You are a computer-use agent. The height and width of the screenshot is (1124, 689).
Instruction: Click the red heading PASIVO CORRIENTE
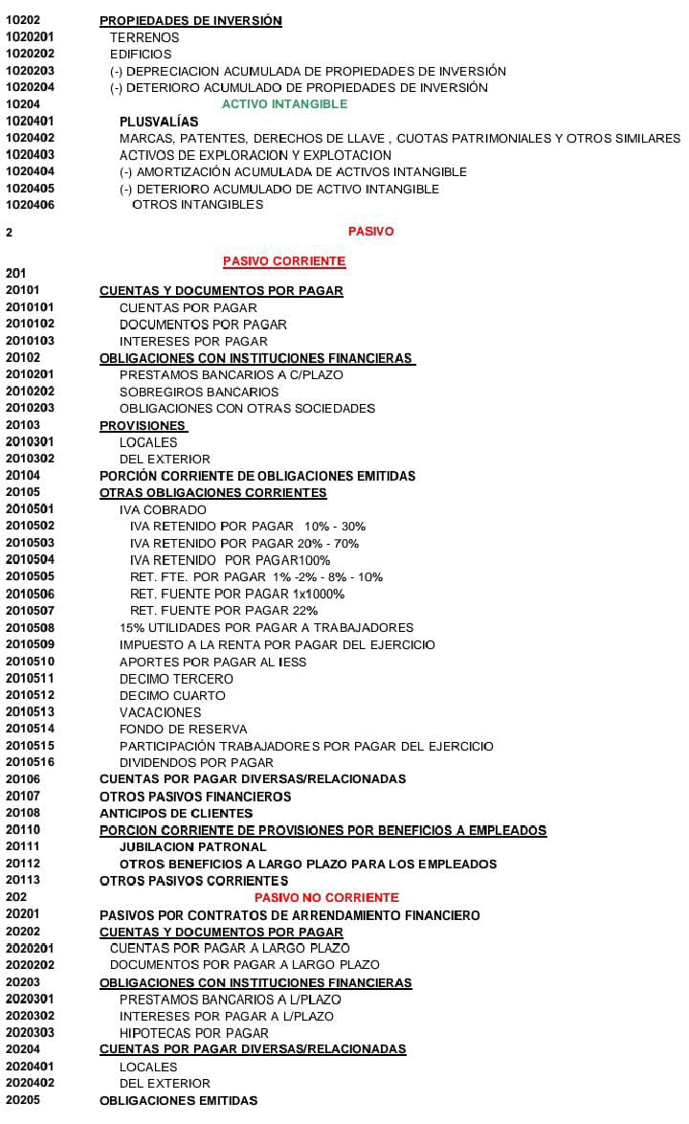pos(284,261)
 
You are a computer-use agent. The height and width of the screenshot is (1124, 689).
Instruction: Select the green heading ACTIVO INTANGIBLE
pos(284,104)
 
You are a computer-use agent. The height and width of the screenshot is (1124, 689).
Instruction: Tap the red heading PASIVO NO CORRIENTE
pos(326,898)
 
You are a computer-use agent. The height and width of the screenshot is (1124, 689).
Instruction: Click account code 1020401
pos(30,122)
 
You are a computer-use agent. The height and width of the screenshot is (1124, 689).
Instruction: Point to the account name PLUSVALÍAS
pos(159,122)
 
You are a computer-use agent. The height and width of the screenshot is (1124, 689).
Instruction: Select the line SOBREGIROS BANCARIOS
pos(199,392)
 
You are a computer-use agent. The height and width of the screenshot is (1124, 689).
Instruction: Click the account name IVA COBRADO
pos(163,510)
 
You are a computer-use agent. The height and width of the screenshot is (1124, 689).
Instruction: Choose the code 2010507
pos(30,611)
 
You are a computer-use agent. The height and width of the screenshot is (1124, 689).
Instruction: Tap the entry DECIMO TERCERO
pos(176,679)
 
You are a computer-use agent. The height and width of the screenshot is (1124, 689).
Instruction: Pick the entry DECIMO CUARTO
pos(172,696)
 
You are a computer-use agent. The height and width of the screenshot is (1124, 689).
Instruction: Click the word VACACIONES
pos(160,712)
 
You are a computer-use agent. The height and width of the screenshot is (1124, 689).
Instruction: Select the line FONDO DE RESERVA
pos(183,730)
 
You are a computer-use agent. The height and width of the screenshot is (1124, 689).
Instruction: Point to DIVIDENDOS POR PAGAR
pos(196,763)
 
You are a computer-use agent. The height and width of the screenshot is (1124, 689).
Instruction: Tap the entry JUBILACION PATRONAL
pos(192,847)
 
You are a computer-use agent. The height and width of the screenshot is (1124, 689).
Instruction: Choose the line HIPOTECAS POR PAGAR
pos(193,1033)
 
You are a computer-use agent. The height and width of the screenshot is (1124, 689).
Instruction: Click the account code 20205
pos(22,1101)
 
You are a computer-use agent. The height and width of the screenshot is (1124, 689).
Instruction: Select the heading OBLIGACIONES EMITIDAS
pos(178,1101)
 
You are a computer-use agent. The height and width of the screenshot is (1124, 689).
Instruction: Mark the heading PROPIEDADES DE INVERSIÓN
pos(190,20)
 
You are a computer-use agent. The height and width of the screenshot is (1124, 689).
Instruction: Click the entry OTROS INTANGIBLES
pos(197,205)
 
